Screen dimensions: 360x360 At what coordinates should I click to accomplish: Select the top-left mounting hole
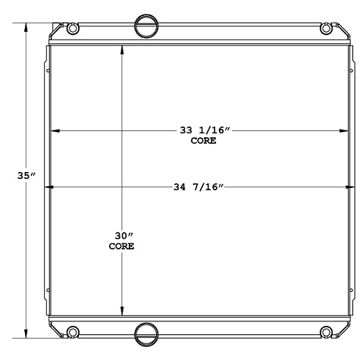[x=73, y=29]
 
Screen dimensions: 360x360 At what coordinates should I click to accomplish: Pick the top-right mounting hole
[x=327, y=29]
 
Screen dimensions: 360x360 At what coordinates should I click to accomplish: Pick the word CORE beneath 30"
[x=121, y=246]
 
